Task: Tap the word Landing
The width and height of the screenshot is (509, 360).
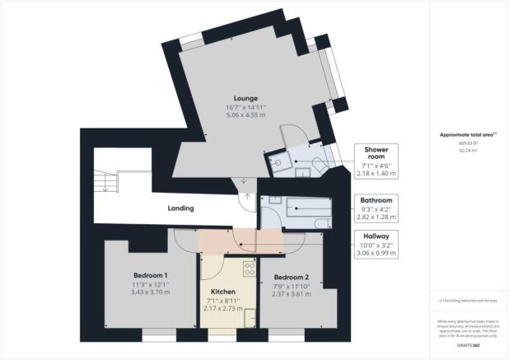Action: [180, 209]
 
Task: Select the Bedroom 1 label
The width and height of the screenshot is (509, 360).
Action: [151, 275]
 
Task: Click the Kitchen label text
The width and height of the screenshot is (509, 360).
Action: [223, 292]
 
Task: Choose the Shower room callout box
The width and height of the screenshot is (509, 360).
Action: [377, 158]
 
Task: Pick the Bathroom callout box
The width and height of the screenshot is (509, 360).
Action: [376, 206]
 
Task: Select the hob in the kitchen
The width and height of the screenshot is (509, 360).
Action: [248, 269]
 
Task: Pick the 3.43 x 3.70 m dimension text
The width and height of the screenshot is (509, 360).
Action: [151, 293]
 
